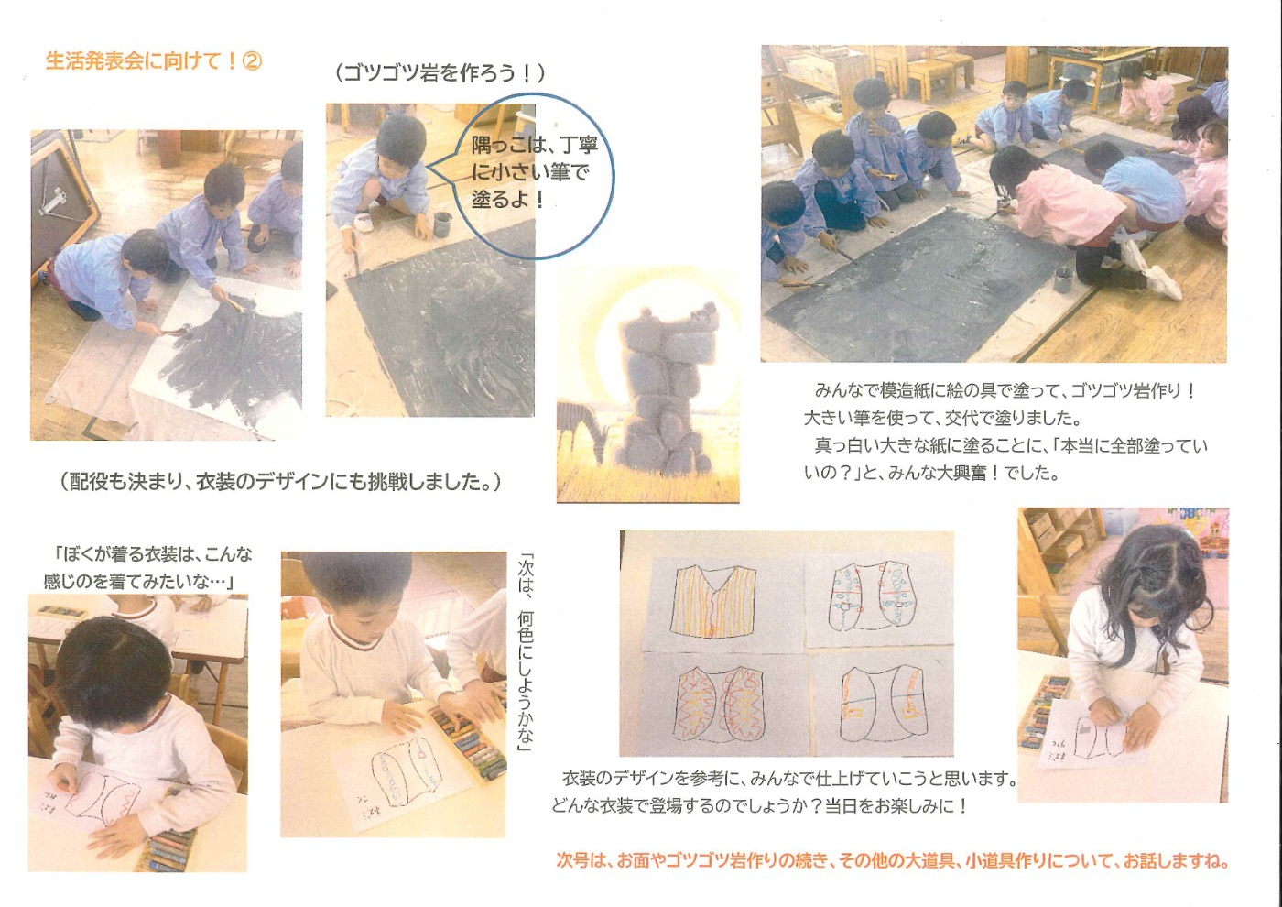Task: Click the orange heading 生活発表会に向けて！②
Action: (x=154, y=60)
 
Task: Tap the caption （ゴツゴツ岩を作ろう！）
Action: (x=440, y=73)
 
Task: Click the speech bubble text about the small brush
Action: (x=534, y=172)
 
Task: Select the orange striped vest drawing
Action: (x=713, y=600)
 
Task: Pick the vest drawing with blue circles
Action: (x=869, y=596)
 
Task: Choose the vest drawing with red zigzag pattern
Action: (x=722, y=705)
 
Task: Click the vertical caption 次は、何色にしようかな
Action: (x=525, y=652)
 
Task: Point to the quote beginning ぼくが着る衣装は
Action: (x=147, y=568)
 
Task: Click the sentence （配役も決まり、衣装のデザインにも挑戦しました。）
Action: (x=281, y=482)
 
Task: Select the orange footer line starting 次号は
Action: (x=892, y=860)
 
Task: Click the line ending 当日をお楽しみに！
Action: (x=759, y=806)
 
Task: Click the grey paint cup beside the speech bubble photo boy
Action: (x=442, y=224)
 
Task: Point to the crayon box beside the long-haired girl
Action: (x=1043, y=713)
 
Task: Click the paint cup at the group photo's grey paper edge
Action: (x=1063, y=280)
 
